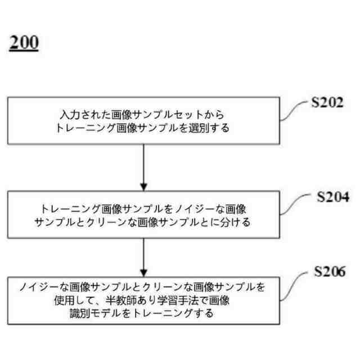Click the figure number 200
[24, 44]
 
